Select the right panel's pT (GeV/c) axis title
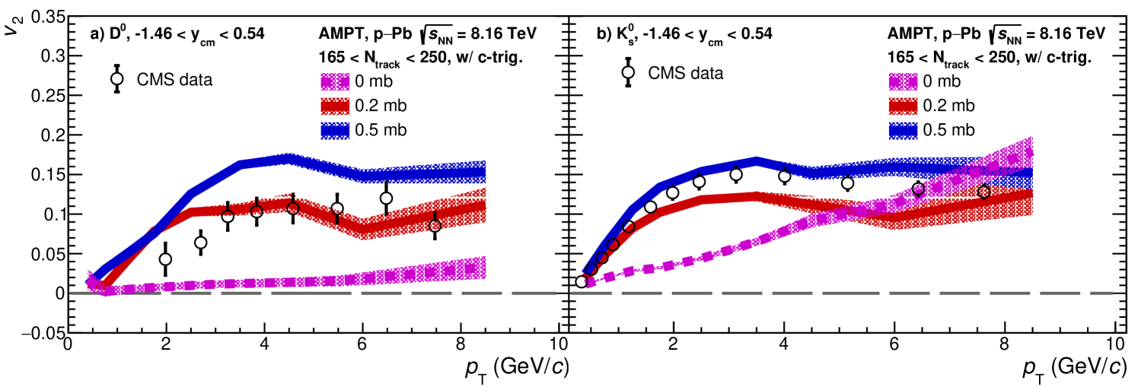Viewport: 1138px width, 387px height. point(1073,367)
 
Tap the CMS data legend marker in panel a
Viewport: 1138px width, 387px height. point(117,78)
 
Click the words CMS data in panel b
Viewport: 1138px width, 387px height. point(685,73)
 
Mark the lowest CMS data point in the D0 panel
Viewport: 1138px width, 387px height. point(165,259)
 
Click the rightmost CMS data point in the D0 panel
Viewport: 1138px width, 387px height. point(435,226)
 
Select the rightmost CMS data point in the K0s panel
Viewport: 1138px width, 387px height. point(983,192)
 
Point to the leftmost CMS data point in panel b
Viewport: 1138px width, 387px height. point(582,281)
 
